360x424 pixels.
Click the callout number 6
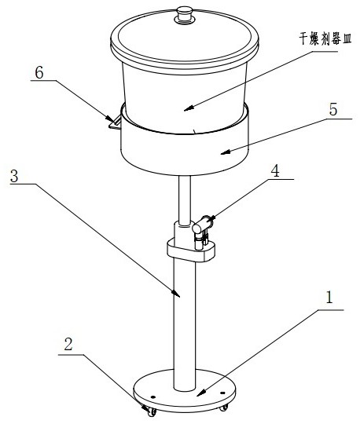39,73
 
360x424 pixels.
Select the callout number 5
333,110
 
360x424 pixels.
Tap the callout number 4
275,171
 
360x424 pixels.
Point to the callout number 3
14,177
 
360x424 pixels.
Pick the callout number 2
68,345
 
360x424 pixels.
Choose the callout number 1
329,298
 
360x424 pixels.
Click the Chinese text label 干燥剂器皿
325,38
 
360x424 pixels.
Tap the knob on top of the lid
185,15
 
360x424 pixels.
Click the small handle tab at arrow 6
115,123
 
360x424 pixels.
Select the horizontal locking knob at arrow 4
203,224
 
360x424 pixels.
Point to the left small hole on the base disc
153,397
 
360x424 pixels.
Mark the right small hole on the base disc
222,393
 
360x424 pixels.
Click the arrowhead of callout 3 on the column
176,294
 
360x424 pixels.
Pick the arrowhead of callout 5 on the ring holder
226,152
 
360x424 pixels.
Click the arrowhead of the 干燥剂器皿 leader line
189,108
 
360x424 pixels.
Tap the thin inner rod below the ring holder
185,201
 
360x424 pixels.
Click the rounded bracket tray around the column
191,250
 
